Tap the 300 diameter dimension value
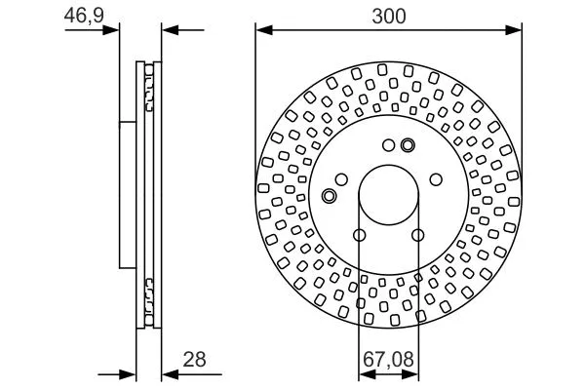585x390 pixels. click(x=389, y=16)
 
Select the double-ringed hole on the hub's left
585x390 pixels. click(x=329, y=197)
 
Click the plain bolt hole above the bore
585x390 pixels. click(x=388, y=147)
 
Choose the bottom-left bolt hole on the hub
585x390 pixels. click(x=360, y=235)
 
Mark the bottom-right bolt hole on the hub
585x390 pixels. click(x=417, y=235)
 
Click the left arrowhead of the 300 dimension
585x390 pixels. click(x=262, y=30)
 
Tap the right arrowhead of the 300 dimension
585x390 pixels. click(x=518, y=30)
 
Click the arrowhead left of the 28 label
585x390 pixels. click(x=168, y=373)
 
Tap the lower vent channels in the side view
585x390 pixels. click(x=150, y=292)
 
